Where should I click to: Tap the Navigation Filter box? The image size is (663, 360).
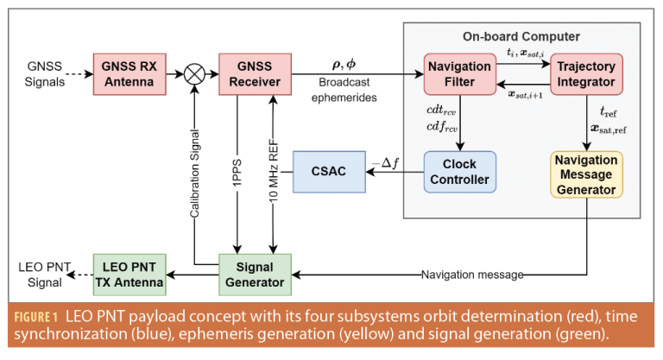tap(460, 74)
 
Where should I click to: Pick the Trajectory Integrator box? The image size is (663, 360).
tap(584, 74)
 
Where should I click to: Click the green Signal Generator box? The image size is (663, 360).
tap(256, 275)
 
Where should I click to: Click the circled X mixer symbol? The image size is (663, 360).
tap(196, 74)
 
